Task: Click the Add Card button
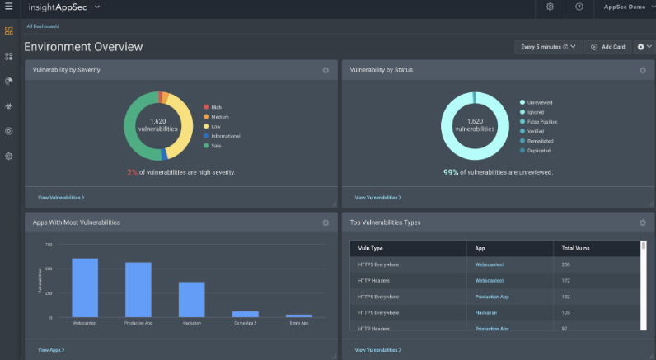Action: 607,47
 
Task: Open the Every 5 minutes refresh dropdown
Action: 548,47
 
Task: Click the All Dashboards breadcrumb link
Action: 43,26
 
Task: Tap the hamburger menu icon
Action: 9,7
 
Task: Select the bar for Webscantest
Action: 85,288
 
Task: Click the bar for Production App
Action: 138,289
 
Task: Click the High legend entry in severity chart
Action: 216,107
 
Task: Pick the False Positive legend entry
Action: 541,121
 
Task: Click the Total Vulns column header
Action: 576,248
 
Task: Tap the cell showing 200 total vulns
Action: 566,264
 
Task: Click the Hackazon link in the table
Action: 487,312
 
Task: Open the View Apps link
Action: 51,350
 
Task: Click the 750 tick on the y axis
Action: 48,245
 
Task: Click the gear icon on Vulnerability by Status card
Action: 643,70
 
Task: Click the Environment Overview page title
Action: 83,47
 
